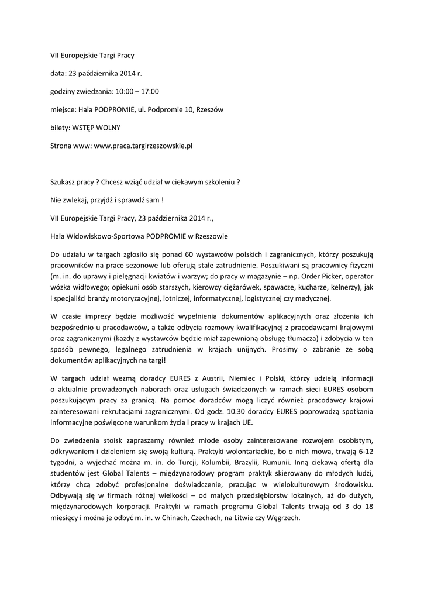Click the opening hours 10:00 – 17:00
(137, 91)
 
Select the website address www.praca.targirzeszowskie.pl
(143, 146)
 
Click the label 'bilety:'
(60, 128)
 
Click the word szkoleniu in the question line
(219, 181)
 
